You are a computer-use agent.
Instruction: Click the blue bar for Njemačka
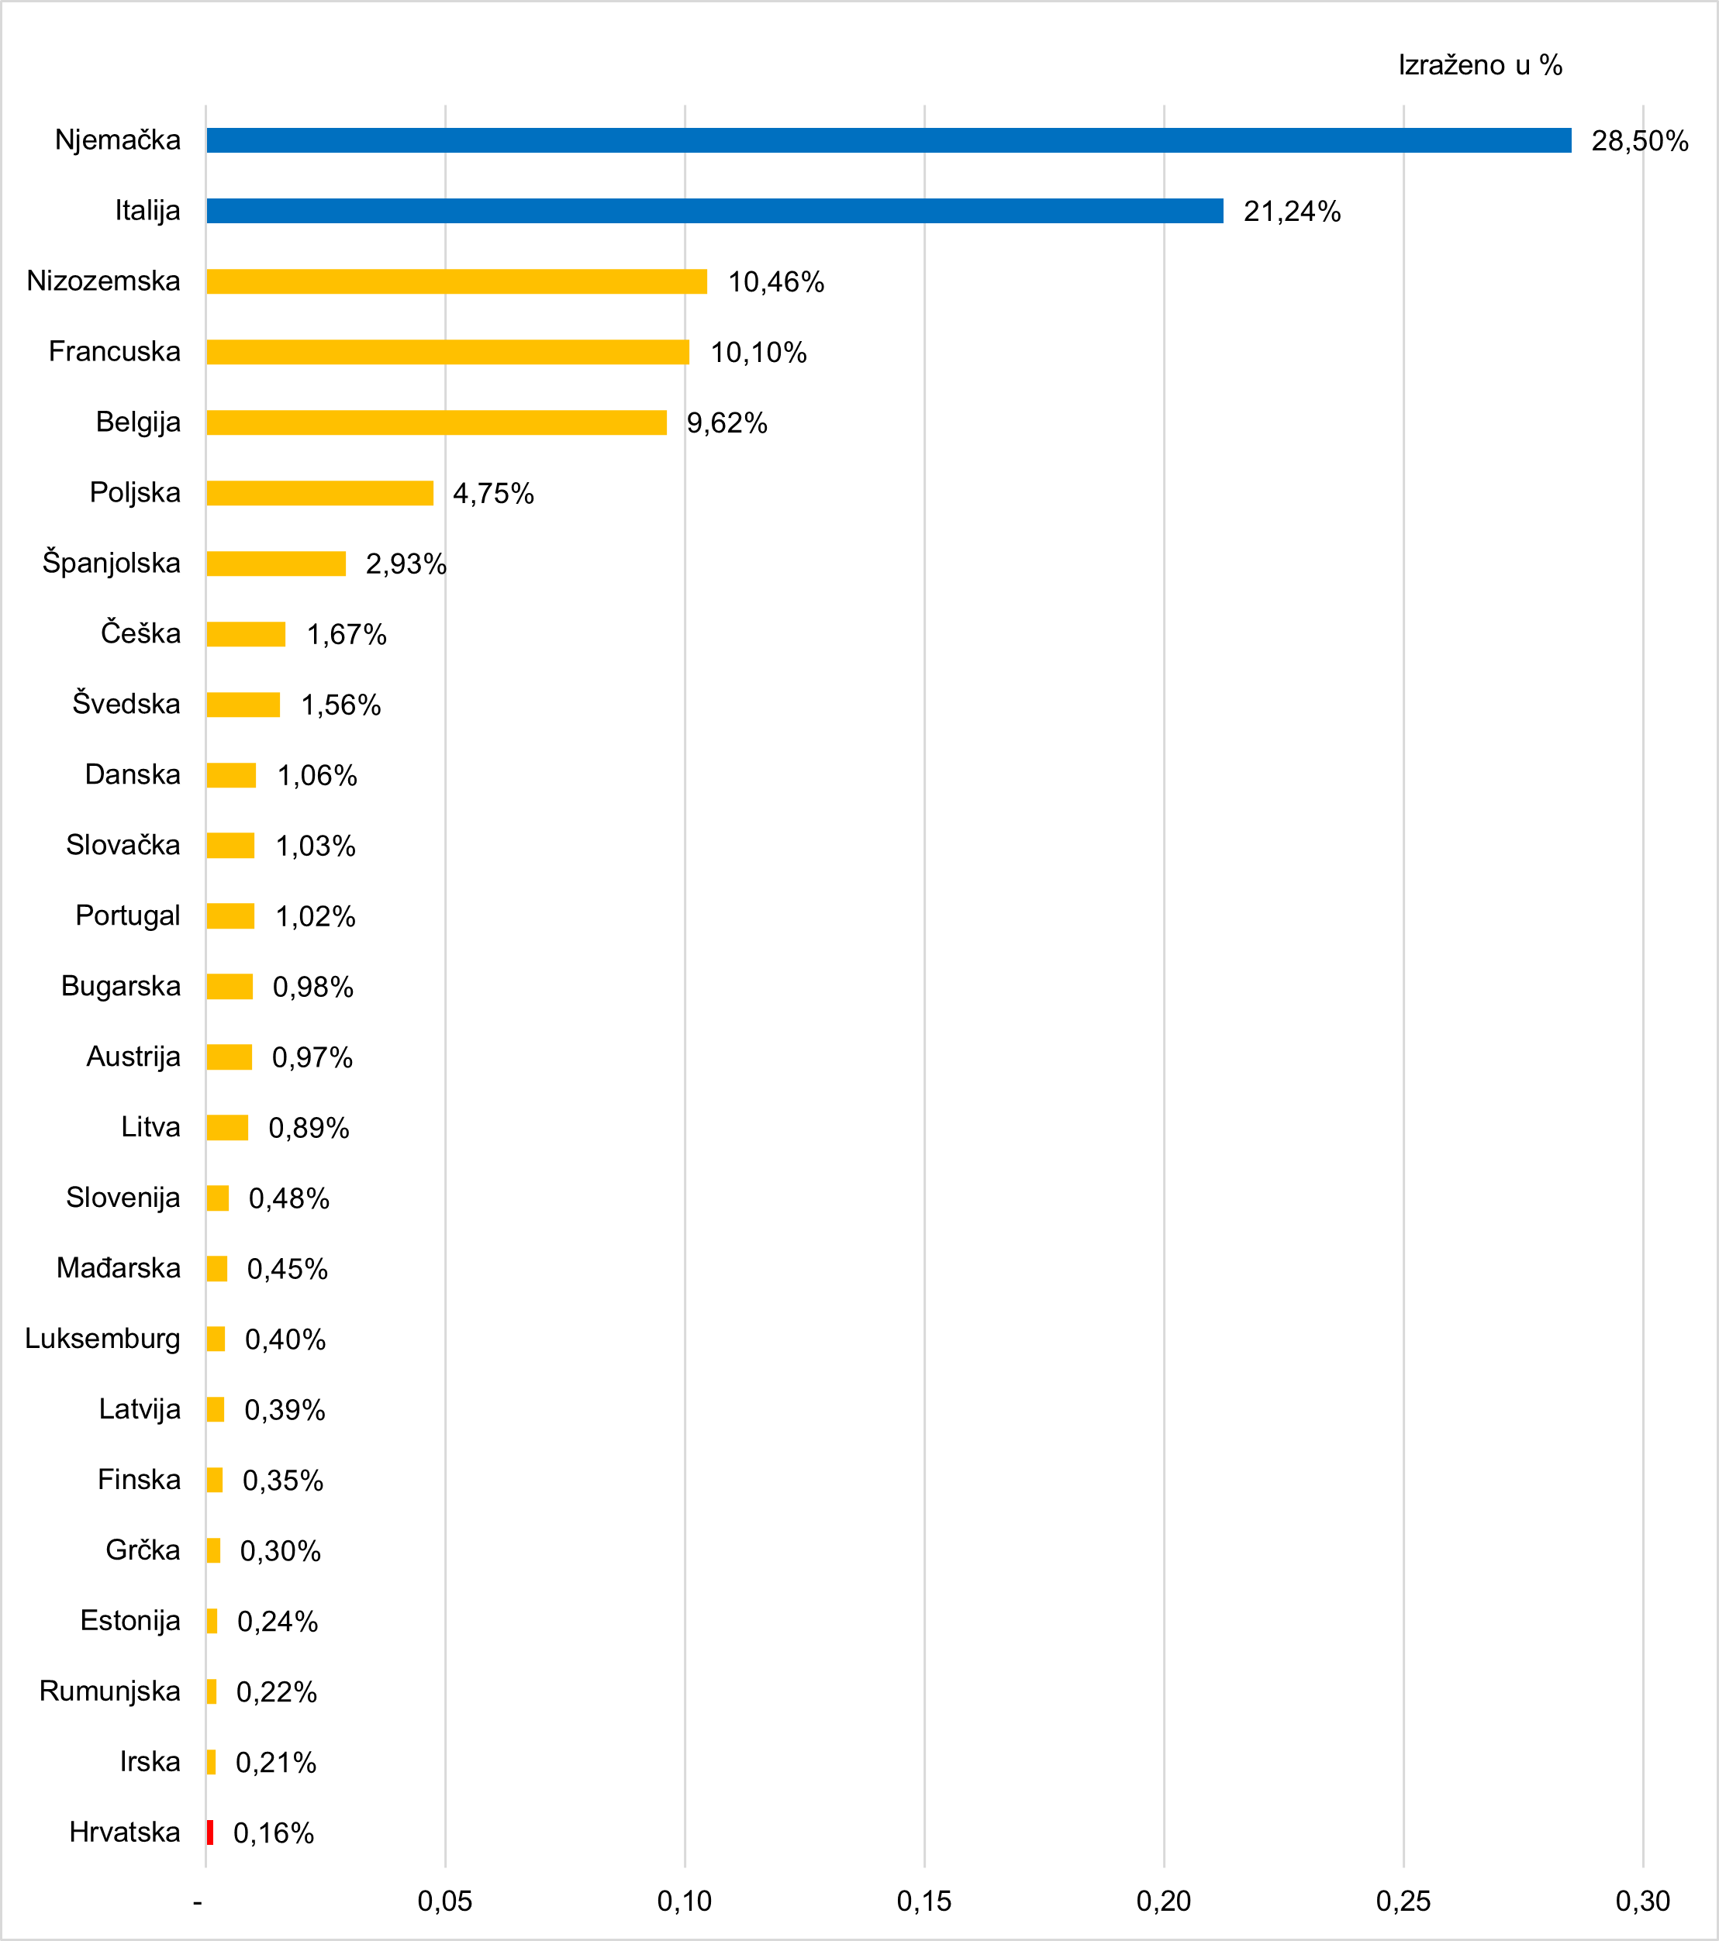pos(888,140)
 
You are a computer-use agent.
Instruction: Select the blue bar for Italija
pos(714,211)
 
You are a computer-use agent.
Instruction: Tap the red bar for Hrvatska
pos(210,1832)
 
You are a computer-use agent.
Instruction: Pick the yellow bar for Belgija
pos(436,422)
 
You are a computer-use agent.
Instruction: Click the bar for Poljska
pos(319,493)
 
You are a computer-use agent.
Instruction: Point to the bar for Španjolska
pos(275,563)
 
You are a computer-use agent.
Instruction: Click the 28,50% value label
pos(1639,142)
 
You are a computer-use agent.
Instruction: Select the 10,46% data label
pos(776,282)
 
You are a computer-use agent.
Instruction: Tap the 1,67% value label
pos(346,634)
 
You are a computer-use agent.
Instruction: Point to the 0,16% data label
pos(274,1832)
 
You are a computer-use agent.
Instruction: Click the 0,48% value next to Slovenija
pos(288,1198)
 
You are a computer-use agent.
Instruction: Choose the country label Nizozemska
pos(104,281)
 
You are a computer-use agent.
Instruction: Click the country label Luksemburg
pos(102,1339)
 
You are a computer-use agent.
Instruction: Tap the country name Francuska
pos(114,351)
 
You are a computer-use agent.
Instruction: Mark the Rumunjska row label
pos(109,1691)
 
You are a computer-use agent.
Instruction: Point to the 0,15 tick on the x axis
pos(924,1901)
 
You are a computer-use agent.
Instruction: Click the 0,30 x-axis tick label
pos(1643,1901)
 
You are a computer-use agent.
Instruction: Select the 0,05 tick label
pos(444,1901)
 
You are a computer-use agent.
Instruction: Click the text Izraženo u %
pos(1479,66)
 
